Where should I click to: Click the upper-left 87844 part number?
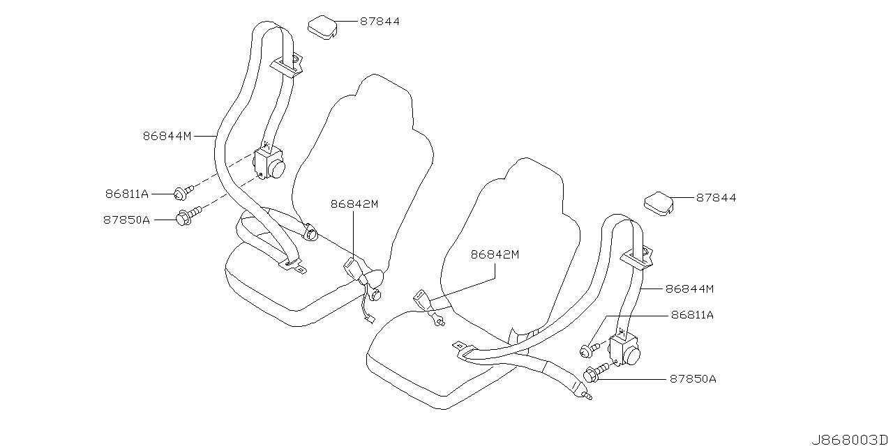380,22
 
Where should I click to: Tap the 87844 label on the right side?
716,198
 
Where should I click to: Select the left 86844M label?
167,137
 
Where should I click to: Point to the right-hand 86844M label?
689,288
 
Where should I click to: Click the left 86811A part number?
127,193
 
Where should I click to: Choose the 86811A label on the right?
692,315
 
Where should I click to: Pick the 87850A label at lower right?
693,379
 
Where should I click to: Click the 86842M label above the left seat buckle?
354,204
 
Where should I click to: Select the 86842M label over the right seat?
495,255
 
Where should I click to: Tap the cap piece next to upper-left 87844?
322,26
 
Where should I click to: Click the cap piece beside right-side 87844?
658,202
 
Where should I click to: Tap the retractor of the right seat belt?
625,349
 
